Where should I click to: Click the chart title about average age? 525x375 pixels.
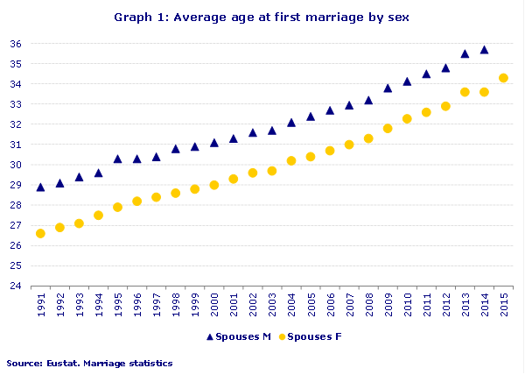click(262, 17)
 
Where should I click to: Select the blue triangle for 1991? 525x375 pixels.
click(40, 187)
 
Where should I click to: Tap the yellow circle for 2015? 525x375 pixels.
click(503, 78)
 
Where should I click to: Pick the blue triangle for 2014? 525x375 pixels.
click(484, 50)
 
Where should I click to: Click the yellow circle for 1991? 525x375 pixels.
click(40, 233)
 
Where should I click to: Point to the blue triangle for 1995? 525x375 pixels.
click(117, 159)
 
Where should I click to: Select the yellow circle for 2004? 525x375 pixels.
click(291, 160)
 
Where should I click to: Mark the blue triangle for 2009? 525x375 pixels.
click(388, 88)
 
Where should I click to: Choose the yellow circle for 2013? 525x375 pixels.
click(465, 92)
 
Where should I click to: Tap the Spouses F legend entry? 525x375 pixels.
click(310, 336)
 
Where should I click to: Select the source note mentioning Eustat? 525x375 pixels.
click(89, 363)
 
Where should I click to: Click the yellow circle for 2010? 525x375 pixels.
click(407, 118)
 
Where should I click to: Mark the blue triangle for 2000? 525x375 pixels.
click(214, 143)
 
